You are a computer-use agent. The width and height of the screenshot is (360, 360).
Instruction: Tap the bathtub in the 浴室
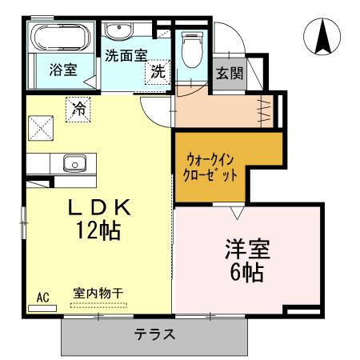pos(57,38)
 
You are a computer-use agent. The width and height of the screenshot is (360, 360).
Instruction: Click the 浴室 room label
pos(62,70)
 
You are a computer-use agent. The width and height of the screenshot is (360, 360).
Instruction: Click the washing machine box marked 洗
pos(158,71)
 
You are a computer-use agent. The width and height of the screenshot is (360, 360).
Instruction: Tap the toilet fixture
pos(191,50)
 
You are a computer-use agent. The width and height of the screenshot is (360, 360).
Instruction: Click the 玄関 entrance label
pos(229,74)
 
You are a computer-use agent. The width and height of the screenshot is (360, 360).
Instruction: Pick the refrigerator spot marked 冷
pos(78,107)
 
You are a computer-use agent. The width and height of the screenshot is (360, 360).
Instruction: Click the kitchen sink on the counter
pos(74,164)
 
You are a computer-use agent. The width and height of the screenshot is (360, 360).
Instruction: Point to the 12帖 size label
pos(100,232)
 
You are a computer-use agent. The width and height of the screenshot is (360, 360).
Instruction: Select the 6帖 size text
pos(246,272)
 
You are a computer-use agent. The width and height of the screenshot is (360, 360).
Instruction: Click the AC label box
pos(42,298)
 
